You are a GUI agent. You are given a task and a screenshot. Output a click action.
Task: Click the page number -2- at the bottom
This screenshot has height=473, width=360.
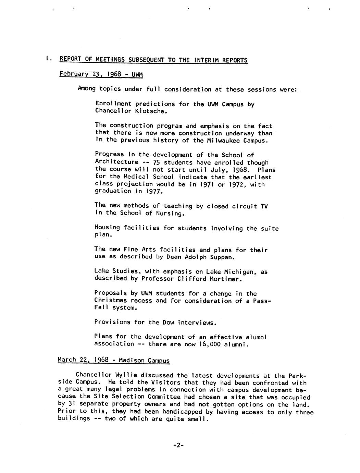(x=178, y=445)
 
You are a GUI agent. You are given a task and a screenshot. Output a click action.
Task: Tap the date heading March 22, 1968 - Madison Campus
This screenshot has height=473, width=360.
(x=114, y=360)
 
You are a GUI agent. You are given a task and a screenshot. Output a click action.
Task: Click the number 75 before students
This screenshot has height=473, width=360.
(x=157, y=162)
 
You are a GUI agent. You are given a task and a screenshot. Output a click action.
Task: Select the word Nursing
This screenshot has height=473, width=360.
(x=170, y=213)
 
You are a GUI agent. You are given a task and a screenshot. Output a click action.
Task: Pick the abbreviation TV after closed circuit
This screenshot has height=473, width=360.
(x=264, y=206)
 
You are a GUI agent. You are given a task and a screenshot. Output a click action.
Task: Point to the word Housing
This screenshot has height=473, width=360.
(x=107, y=228)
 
